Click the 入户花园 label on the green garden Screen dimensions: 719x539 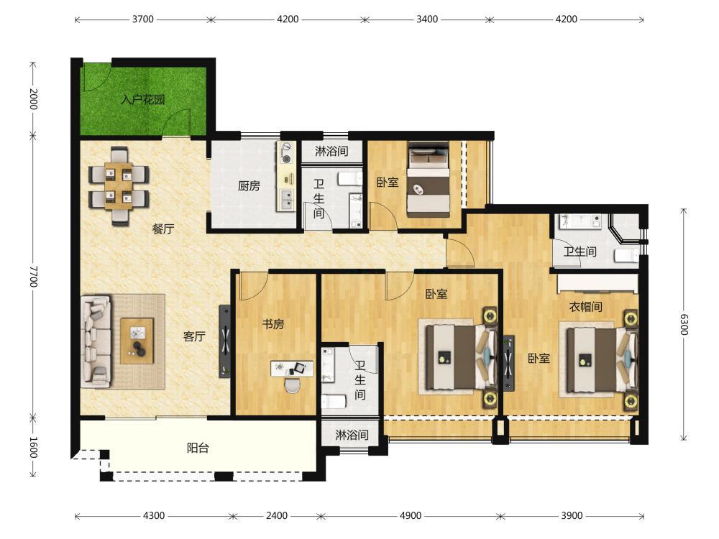coord(142,99)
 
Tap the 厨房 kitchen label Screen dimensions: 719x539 coord(249,185)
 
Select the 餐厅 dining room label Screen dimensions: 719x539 coord(163,229)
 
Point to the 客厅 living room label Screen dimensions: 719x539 coord(194,336)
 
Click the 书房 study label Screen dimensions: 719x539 coord(273,324)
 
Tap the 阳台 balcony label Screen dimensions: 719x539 coord(198,447)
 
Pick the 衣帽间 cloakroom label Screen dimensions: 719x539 coord(585,306)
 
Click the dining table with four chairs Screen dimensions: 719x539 coord(119,185)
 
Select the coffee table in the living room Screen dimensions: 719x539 coord(137,341)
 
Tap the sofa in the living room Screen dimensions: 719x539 coord(96,341)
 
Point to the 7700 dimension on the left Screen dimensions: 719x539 coord(33,276)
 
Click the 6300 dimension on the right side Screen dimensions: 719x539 coord(684,324)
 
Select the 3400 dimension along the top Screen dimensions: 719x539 coord(427,19)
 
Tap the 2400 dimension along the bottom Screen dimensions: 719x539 coord(277,515)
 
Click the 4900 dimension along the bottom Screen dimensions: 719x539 coord(411,515)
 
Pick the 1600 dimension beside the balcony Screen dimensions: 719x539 coord(33,447)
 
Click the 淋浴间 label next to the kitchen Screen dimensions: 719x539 coord(331,151)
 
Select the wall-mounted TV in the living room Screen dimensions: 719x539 coord(224,341)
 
